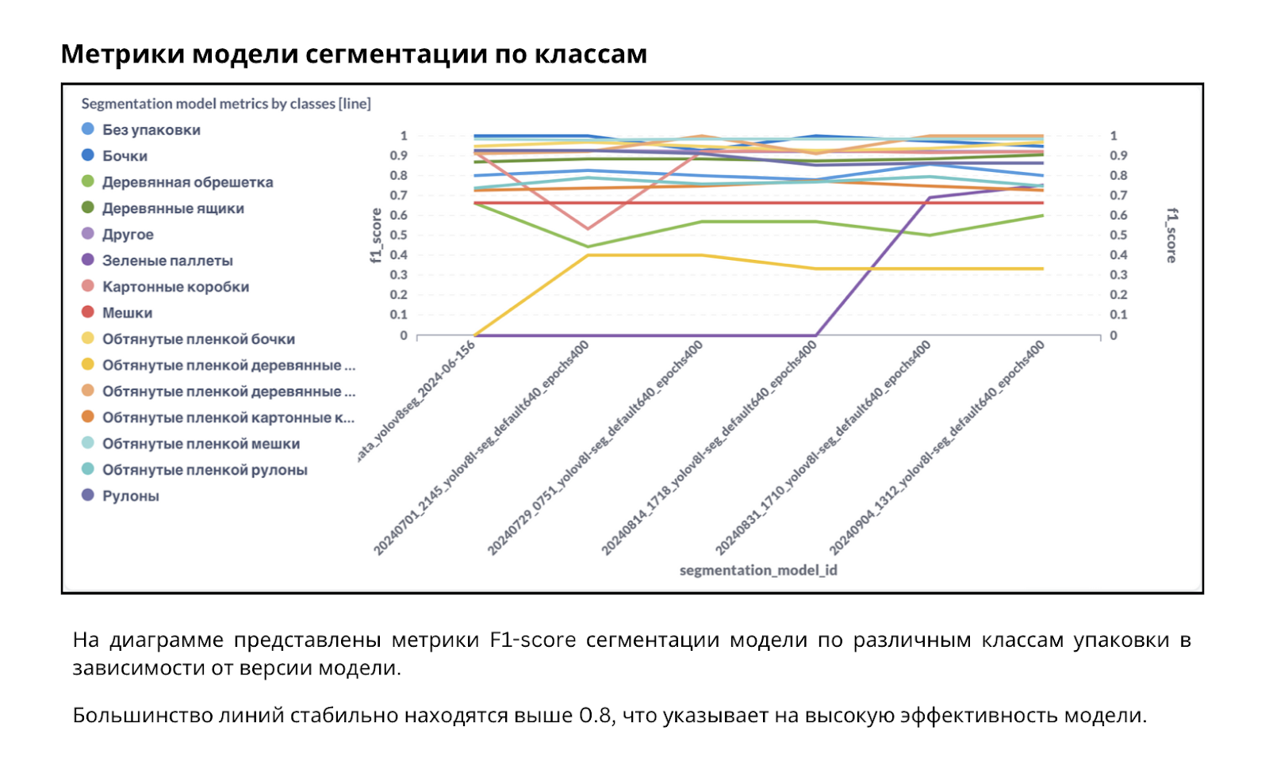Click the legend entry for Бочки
click(125, 156)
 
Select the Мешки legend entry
click(127, 313)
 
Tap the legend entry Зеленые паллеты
click(167, 261)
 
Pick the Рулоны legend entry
click(130, 496)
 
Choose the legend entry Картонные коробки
click(175, 287)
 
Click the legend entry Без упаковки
click(151, 130)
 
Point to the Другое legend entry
click(128, 235)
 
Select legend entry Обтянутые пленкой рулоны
click(205, 470)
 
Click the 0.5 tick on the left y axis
click(398, 235)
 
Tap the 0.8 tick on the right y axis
click(1118, 176)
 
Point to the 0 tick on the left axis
click(403, 335)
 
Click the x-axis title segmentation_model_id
click(758, 570)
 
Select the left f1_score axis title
click(376, 235)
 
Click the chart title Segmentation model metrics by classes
click(226, 104)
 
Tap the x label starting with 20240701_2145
click(482, 449)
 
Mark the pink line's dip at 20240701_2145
click(588, 229)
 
